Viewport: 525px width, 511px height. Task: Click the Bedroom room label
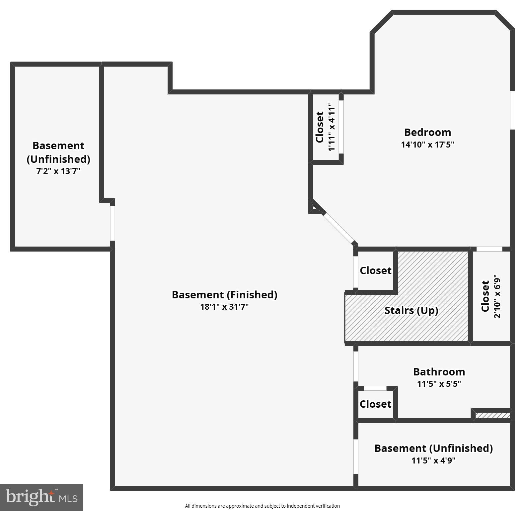click(427, 132)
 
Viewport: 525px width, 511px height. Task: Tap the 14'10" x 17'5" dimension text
click(427, 145)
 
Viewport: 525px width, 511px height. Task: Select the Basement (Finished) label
click(224, 295)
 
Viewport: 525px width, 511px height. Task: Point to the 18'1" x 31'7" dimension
click(224, 307)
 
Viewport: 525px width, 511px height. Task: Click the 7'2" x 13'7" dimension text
click(58, 171)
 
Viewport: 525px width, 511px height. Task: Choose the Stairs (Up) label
click(411, 310)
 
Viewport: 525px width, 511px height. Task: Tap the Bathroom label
click(439, 372)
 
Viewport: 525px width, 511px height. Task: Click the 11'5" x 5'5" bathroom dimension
click(439, 384)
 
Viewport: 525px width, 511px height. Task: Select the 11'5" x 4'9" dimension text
click(433, 460)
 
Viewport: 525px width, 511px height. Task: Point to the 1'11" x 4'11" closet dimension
click(332, 127)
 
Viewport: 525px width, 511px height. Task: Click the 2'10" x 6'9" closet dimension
click(497, 296)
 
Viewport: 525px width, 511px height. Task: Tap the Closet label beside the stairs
click(375, 270)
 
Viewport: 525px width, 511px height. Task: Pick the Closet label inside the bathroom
click(375, 404)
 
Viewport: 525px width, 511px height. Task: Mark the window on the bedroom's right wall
click(512, 110)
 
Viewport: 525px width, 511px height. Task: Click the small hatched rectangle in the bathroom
click(492, 415)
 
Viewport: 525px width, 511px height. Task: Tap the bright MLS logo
click(41, 497)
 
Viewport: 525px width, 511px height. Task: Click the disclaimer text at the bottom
click(262, 506)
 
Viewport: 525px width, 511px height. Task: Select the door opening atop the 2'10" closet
click(489, 249)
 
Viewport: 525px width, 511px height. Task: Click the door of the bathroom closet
click(375, 388)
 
